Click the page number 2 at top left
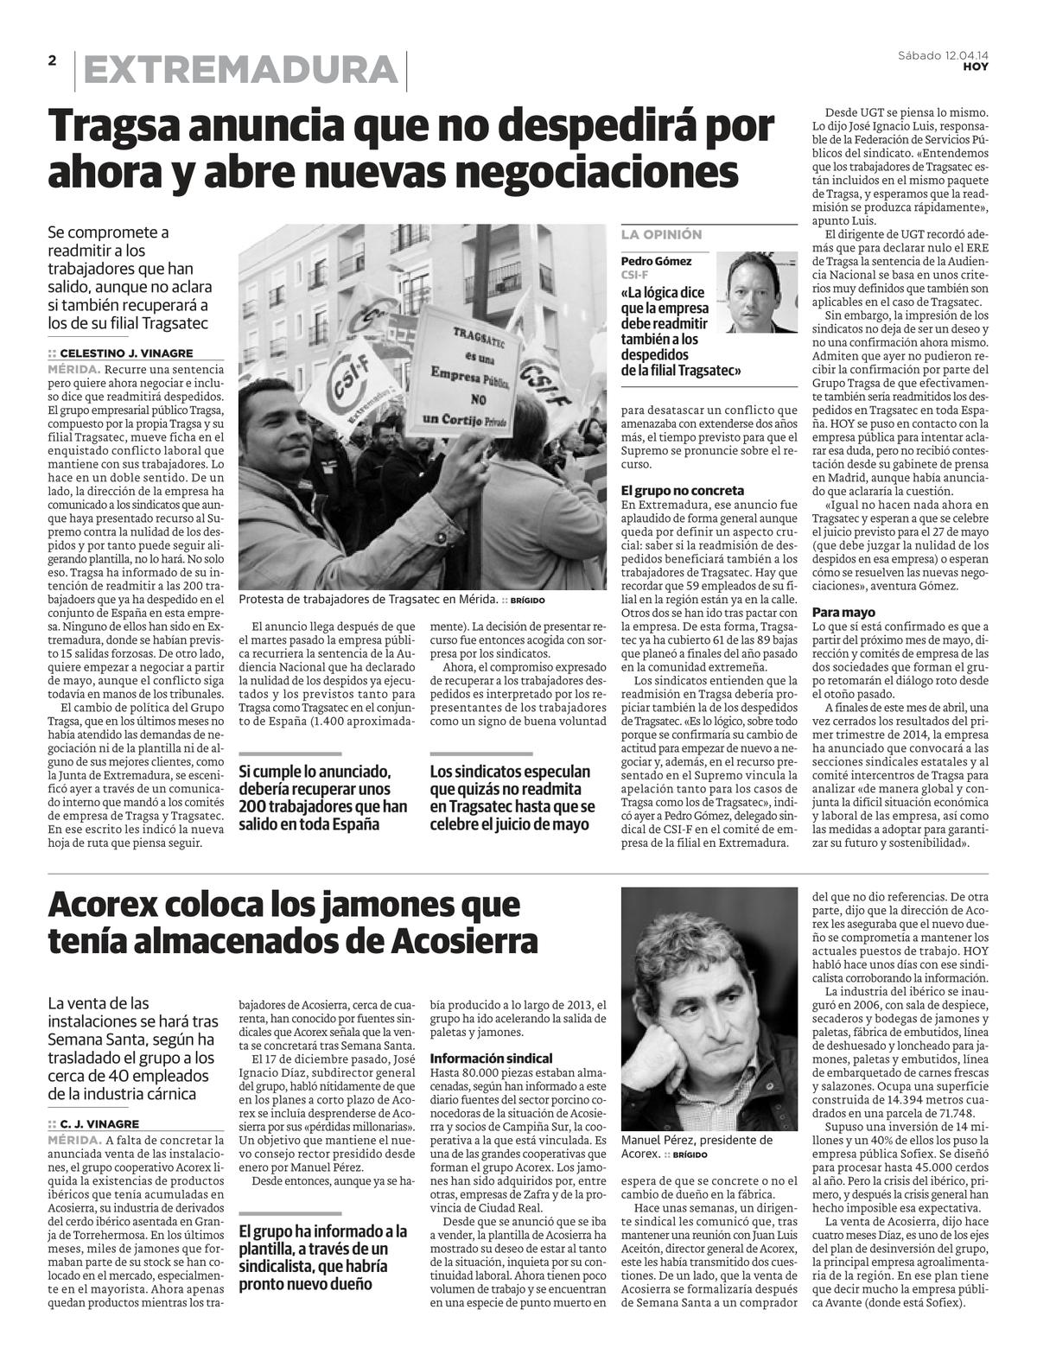coord(52,60)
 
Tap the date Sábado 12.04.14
coord(943,55)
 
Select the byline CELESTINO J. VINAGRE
coord(126,353)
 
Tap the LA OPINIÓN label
coord(661,234)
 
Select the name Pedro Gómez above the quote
coord(656,261)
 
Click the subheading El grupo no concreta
coord(683,490)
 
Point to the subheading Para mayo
coord(843,612)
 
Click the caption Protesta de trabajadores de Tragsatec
coord(367,600)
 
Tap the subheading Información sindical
coord(491,1058)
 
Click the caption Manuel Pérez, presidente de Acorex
coord(697,1146)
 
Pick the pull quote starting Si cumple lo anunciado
coord(322,798)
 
